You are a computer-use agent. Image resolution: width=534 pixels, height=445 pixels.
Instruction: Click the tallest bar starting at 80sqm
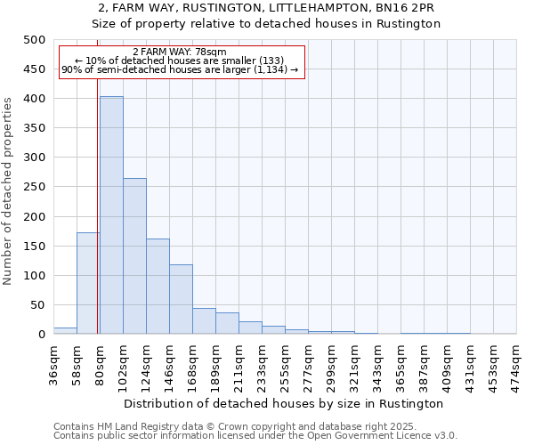click(x=111, y=215)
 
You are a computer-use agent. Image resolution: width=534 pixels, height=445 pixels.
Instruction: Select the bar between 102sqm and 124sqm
click(x=134, y=256)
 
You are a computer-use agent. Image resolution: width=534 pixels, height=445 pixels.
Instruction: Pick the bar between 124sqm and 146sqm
click(x=158, y=287)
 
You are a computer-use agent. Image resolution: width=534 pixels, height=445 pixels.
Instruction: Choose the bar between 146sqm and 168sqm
click(x=181, y=299)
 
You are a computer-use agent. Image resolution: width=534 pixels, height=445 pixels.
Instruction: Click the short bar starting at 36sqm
click(x=65, y=331)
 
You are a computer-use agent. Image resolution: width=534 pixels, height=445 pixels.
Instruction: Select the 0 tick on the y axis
click(x=41, y=335)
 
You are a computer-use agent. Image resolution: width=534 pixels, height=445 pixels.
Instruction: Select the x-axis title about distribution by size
click(x=284, y=403)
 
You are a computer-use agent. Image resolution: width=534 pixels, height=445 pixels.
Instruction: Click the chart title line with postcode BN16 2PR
click(x=267, y=8)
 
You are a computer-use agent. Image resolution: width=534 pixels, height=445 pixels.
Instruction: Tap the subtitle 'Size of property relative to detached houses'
click(x=267, y=24)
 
